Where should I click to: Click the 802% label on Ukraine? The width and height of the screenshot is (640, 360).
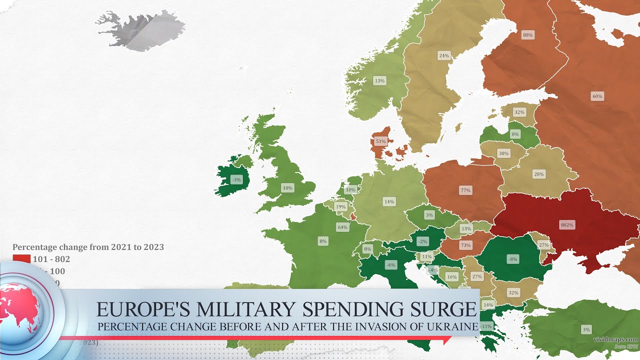pos(567,225)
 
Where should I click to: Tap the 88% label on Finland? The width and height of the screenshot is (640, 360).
pos(527,35)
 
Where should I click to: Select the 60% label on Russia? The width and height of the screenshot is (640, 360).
pos(597,96)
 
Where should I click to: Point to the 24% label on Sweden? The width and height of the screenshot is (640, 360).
pos(443,55)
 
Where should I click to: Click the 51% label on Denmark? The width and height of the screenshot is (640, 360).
pos(381,141)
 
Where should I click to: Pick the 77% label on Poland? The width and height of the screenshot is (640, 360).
pos(465,190)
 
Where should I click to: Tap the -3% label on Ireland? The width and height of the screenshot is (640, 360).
pos(236,179)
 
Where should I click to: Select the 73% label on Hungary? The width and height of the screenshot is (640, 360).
pos(465,245)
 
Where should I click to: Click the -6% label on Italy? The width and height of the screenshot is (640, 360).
pos(391,265)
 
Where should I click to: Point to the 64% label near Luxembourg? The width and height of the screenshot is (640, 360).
pos(342,227)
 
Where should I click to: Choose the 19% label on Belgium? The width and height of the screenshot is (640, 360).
pos(340,206)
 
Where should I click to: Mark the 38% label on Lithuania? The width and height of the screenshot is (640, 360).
pos(503,153)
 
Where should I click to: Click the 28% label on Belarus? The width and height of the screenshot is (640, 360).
pos(538,174)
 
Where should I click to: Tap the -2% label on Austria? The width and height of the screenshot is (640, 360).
pos(423,241)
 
